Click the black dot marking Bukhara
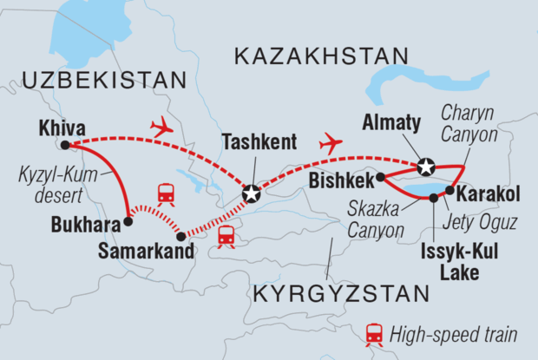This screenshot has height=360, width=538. [128, 221]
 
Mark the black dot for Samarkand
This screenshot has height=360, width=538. [181, 236]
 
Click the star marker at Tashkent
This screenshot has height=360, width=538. [251, 194]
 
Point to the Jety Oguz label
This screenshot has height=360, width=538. [485, 222]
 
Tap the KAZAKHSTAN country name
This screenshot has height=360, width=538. [321, 58]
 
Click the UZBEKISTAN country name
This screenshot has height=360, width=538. [107, 81]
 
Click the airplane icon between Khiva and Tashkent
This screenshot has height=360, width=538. [162, 128]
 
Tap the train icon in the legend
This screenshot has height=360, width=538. [375, 333]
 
